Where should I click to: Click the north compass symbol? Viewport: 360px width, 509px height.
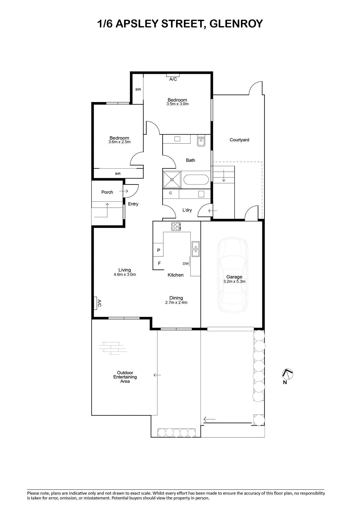[x=287, y=374]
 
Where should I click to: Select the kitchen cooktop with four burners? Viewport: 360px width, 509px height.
[x=176, y=227]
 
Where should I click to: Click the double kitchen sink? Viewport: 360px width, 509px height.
[x=195, y=249]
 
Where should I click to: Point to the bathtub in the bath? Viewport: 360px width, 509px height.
[x=196, y=180]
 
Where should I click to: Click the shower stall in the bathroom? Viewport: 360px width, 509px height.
[x=172, y=180]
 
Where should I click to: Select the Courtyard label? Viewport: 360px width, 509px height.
[x=239, y=140]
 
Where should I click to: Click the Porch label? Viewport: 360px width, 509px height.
[x=107, y=192]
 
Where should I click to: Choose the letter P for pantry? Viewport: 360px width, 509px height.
[x=159, y=250]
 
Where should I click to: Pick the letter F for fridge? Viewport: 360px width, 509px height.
[x=159, y=263]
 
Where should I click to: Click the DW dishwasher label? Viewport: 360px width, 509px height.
[x=186, y=264]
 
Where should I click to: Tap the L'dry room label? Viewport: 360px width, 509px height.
[x=187, y=210]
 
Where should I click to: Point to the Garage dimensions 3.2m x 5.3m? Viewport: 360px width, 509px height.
[x=234, y=281]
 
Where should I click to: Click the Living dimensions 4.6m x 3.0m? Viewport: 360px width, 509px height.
[x=125, y=274]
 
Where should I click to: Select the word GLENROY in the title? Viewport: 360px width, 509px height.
[x=236, y=24]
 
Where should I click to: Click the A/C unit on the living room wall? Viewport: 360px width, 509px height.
[x=96, y=303]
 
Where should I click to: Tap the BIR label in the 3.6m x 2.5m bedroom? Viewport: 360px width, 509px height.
[x=118, y=174]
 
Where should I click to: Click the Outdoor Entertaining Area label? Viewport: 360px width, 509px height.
[x=125, y=377]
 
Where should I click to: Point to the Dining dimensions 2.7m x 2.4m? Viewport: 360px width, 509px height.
[x=176, y=303]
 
